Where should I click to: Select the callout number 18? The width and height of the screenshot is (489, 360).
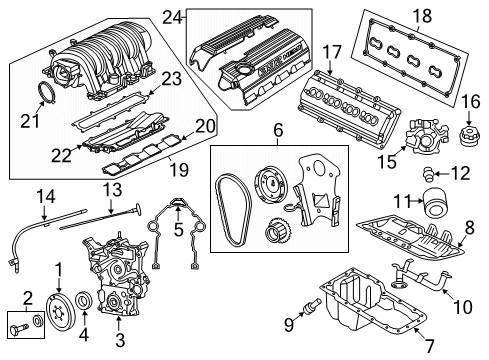[421, 15]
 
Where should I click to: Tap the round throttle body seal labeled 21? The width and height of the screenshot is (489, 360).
[45, 96]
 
